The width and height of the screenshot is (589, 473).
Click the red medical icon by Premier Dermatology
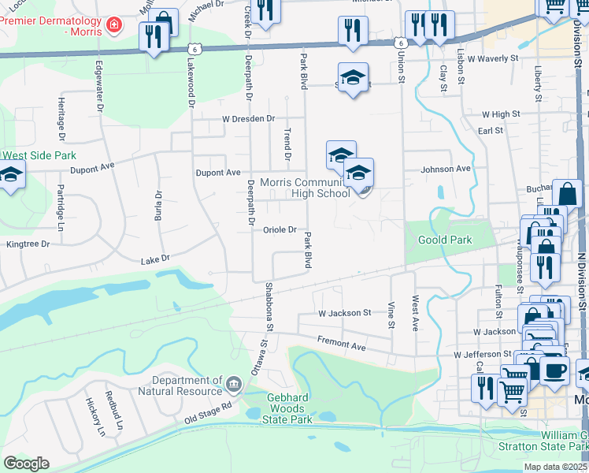click(x=115, y=25)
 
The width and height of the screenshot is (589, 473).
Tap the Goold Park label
click(x=446, y=240)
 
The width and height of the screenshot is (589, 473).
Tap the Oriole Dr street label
click(x=279, y=230)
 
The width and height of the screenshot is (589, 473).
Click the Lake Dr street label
click(x=155, y=260)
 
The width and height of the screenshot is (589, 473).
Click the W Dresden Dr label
click(x=248, y=119)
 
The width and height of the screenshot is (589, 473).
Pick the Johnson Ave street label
click(x=445, y=169)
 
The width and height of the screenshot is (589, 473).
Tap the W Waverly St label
click(x=493, y=58)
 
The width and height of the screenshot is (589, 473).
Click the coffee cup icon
click(x=554, y=369)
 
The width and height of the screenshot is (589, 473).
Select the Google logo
click(x=26, y=464)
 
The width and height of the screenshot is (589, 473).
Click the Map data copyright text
click(x=556, y=467)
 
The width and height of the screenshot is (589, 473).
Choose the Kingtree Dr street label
click(x=28, y=244)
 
